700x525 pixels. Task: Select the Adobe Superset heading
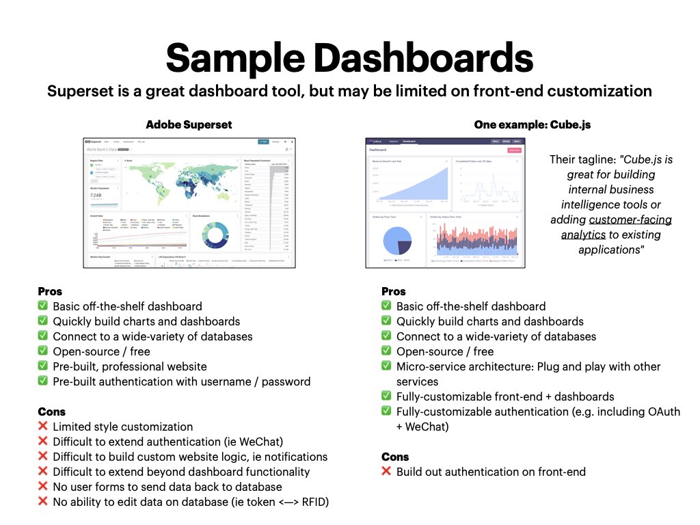click(x=189, y=124)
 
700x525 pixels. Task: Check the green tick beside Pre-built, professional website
click(x=43, y=366)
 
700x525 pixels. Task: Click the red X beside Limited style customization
click(x=43, y=427)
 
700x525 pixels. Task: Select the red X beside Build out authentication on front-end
click(x=387, y=472)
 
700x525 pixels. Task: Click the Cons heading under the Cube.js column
click(x=395, y=457)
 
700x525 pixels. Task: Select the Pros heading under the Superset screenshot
click(x=50, y=291)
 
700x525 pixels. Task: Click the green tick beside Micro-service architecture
click(x=387, y=366)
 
